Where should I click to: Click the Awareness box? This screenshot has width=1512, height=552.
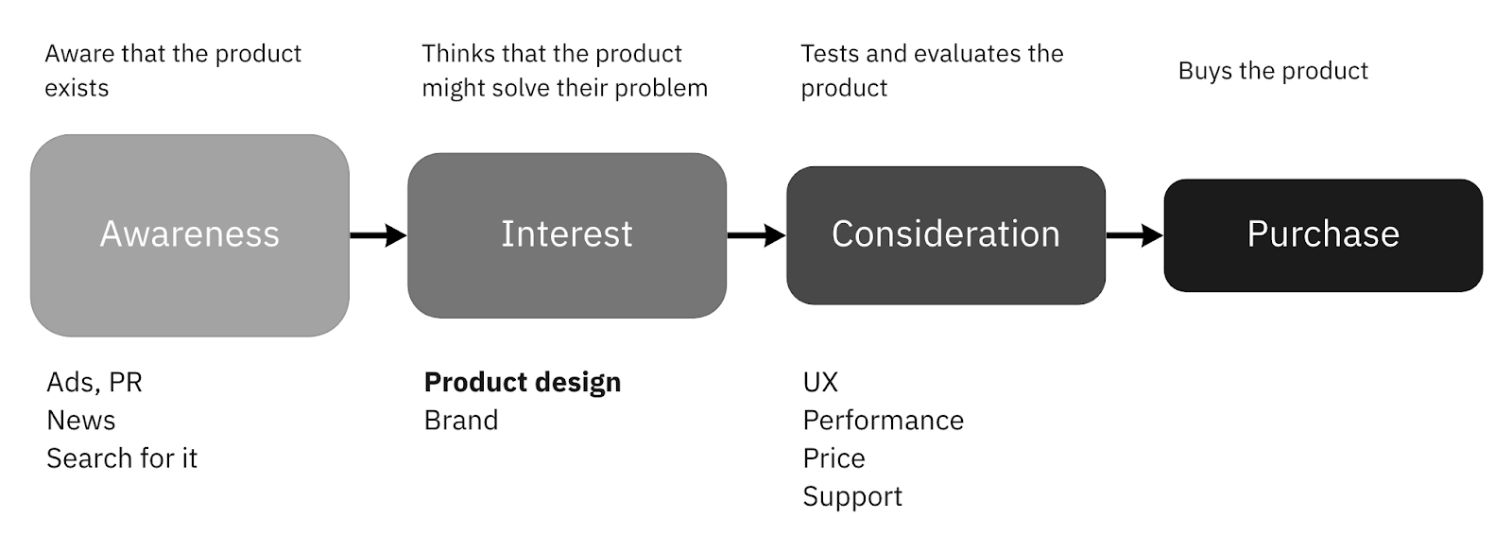189,234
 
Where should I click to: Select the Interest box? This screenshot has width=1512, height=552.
567,234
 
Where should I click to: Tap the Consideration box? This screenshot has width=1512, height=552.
945,234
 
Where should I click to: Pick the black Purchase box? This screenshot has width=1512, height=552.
1323,234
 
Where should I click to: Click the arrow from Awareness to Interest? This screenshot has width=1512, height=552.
378,234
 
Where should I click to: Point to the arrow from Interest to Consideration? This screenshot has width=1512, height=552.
756,234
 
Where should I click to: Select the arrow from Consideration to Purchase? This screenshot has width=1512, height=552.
1134,234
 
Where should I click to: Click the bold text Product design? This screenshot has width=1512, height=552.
523,382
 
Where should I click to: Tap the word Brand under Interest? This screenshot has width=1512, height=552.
461,420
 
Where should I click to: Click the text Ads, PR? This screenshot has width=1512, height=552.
94,382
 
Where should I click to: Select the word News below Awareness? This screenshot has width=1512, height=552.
81,420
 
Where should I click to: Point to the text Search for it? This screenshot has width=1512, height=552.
122,458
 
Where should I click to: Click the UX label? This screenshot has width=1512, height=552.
820,382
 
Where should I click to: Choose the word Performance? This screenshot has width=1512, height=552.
884,420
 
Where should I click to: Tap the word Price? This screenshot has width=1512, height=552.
833,458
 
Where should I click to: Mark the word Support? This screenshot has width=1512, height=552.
852,497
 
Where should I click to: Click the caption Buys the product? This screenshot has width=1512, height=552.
1273,71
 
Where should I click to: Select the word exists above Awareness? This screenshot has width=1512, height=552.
77,88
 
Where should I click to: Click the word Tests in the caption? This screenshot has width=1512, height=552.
830,54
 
